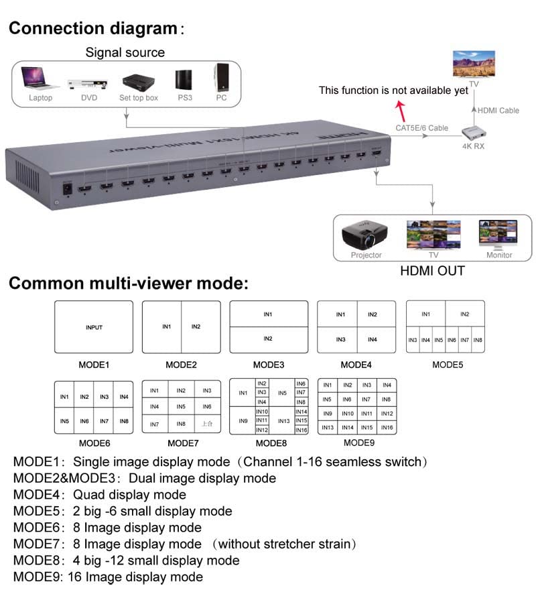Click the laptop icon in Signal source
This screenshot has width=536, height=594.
click(x=40, y=78)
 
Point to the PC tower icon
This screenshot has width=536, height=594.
click(x=221, y=78)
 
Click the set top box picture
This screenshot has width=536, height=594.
click(x=138, y=82)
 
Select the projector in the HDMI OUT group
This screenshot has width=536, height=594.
click(x=366, y=235)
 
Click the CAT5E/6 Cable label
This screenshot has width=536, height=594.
click(x=421, y=127)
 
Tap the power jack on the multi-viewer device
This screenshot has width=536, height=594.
click(x=67, y=188)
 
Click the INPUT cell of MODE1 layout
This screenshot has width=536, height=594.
click(x=94, y=327)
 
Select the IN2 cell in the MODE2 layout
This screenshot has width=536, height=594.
click(x=196, y=326)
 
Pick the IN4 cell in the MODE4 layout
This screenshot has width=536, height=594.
click(x=373, y=340)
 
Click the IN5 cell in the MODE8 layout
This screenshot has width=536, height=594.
click(x=282, y=393)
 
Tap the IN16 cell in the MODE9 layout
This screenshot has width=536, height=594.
click(x=387, y=427)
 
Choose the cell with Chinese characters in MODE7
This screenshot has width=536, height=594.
click(x=207, y=424)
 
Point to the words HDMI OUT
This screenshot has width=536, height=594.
click(x=432, y=271)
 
